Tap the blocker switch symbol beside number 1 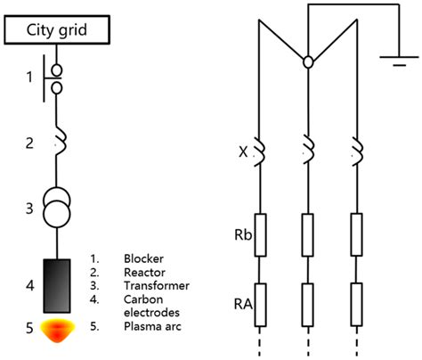(x=56, y=78)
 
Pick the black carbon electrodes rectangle (x=56, y=284)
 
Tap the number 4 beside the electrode (x=28, y=286)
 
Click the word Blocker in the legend (x=144, y=259)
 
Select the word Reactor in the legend (x=144, y=274)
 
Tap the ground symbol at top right (x=393, y=61)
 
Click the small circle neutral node (x=307, y=62)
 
